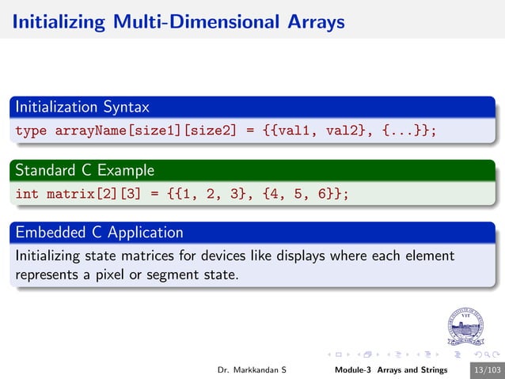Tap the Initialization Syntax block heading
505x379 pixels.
pyautogui.click(x=82, y=106)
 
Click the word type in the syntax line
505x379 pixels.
pyautogui.click(x=32, y=131)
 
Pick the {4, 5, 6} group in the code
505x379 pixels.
pyautogui.click(x=297, y=194)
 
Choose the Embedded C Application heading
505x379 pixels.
pyautogui.click(x=99, y=233)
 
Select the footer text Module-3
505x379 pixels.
pyautogui.click(x=355, y=370)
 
